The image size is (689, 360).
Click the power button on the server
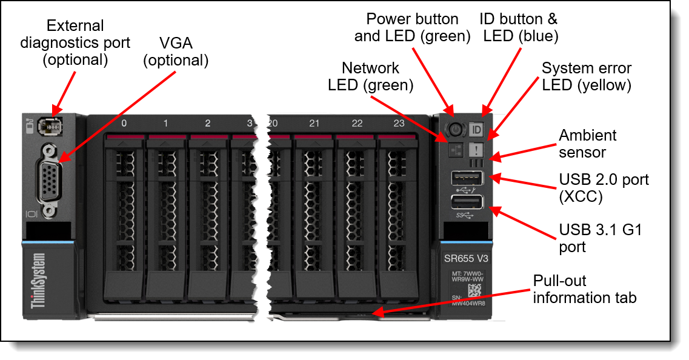456,129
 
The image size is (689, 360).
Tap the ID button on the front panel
476,130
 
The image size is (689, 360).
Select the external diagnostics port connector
48,127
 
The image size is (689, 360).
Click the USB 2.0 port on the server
467,179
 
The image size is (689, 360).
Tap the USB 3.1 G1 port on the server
467,204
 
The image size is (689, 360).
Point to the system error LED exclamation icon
476,150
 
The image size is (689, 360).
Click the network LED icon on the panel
456,150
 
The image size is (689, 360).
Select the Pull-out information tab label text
584,289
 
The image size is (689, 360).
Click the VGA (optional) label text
175,52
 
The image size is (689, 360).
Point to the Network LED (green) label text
370,76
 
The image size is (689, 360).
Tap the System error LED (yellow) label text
587,76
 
